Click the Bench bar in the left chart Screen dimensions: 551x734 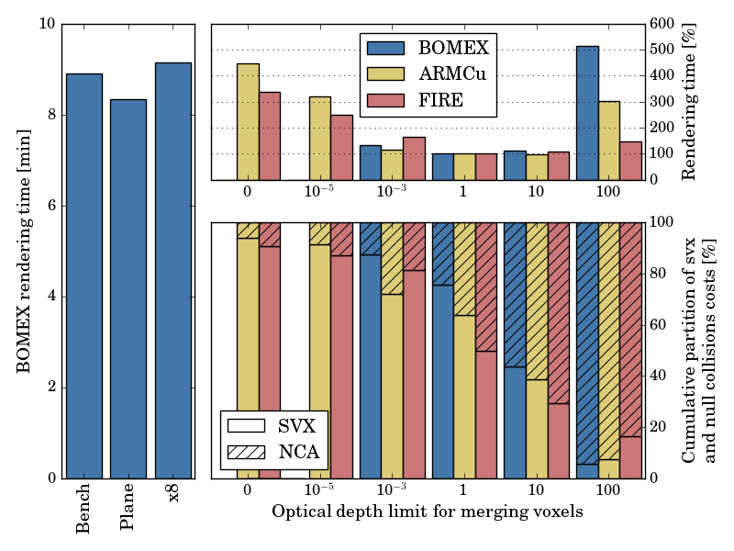tap(83, 275)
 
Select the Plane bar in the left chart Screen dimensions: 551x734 tap(128, 288)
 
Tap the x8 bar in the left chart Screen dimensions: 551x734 tap(173, 270)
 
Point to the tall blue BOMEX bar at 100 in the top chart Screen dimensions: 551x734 tap(587, 113)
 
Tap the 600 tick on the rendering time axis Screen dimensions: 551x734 tap(662, 24)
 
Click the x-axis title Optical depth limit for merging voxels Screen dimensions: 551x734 tap(427, 512)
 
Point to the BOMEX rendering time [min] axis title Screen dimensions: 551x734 tap(24, 251)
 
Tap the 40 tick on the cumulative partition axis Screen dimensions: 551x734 tap(658, 376)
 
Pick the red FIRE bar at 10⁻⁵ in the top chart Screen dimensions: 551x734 tap(341, 147)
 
